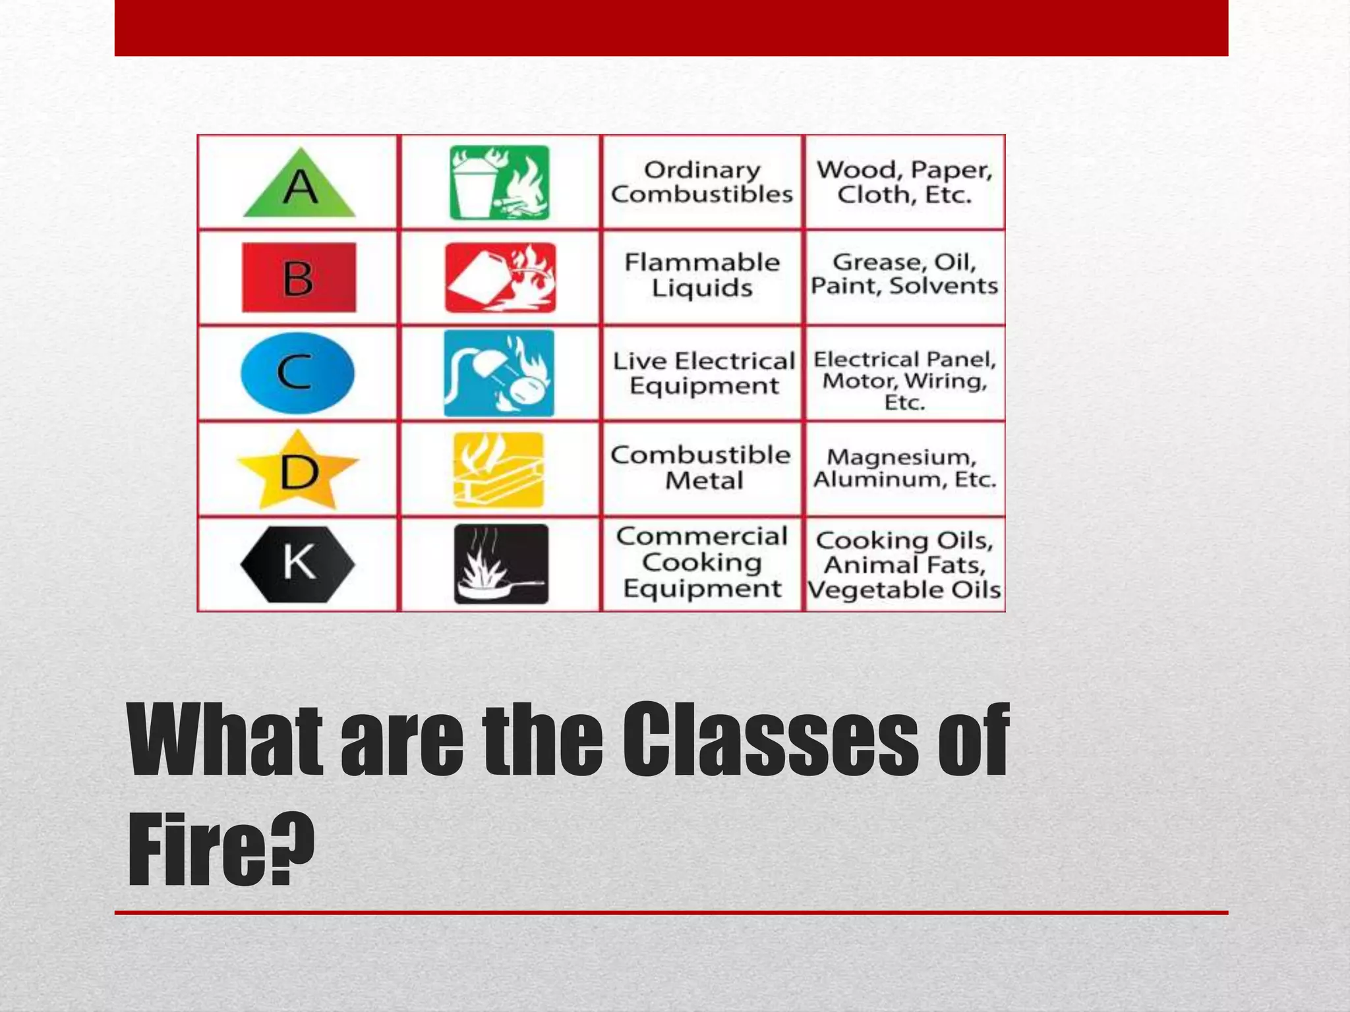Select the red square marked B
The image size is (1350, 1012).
(299, 277)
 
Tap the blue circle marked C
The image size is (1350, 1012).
(297, 373)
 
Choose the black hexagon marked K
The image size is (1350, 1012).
(298, 564)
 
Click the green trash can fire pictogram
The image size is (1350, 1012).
(499, 183)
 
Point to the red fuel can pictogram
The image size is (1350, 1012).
(500, 277)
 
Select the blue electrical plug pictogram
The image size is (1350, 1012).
(499, 373)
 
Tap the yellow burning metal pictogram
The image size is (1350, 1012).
(499, 470)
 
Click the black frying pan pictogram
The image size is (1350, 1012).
(501, 564)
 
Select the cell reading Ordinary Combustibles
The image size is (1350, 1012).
(702, 182)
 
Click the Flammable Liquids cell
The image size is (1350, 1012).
(702, 275)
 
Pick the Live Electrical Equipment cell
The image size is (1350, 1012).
(703, 373)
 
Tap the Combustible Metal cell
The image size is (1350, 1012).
(702, 468)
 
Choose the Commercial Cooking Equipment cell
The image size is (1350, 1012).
(702, 563)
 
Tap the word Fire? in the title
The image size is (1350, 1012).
(221, 850)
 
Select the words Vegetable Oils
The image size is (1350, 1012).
(904, 590)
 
